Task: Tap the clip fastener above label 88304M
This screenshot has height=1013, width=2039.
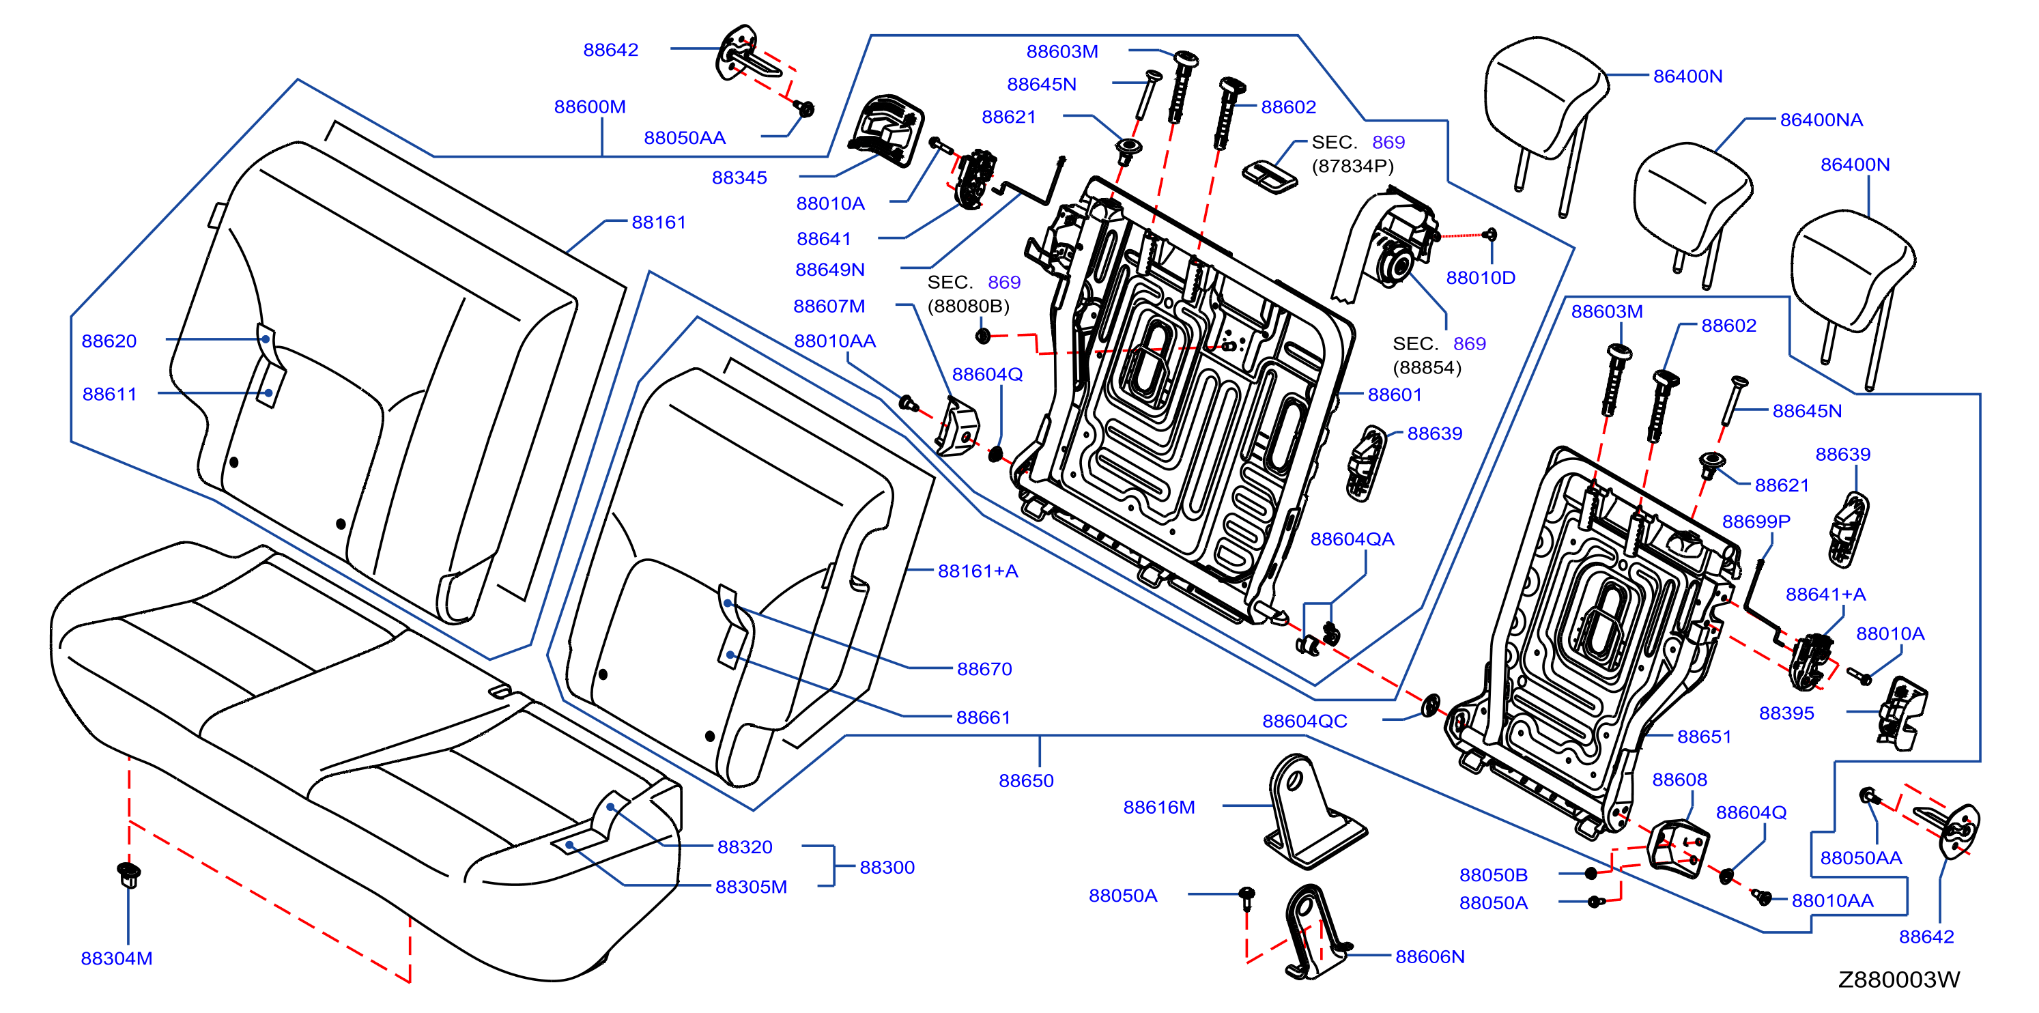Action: point(128,874)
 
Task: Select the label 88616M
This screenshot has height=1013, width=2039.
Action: point(1159,808)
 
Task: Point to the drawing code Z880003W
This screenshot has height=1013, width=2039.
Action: point(1899,980)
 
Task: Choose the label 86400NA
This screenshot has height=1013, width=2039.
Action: point(1821,120)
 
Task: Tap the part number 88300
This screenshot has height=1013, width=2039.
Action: point(887,868)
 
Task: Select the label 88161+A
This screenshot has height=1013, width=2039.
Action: point(978,571)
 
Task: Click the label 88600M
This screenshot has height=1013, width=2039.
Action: point(590,107)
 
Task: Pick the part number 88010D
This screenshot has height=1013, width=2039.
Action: point(1480,278)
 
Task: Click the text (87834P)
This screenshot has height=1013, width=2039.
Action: point(1353,166)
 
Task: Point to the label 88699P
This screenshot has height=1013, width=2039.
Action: point(1756,522)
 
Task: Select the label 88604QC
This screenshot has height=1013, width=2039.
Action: point(1304,721)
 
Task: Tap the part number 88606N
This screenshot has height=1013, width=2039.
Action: point(1429,957)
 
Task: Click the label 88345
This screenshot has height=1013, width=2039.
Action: point(739,178)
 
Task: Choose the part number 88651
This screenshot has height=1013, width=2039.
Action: point(1705,737)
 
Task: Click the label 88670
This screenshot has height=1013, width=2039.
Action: point(984,670)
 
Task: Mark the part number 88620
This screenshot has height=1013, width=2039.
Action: point(109,341)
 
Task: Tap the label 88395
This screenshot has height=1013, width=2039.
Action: point(1786,713)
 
